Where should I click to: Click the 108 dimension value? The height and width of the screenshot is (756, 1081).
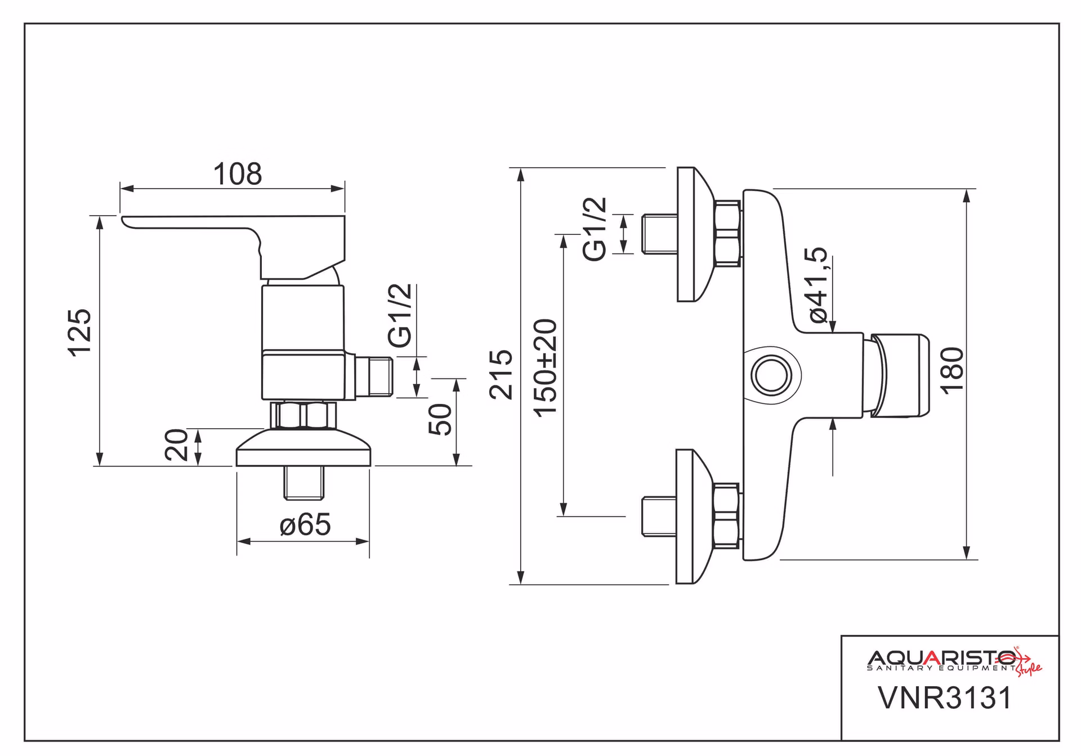coord(237,174)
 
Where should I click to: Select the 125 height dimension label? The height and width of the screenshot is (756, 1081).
coord(79,332)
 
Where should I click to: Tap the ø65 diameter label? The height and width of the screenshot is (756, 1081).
coord(305,524)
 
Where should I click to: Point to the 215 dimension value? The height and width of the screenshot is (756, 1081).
coord(501,375)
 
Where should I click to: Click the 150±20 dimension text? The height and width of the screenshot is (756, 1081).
coord(545,368)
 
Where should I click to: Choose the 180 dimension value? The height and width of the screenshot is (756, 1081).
coord(952,370)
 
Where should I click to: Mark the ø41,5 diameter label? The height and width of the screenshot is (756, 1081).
coord(819,284)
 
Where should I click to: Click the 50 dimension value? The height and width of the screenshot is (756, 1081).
coord(440,419)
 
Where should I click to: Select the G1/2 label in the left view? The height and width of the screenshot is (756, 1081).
coord(400,315)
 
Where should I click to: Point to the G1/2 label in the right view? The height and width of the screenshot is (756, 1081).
coord(595,229)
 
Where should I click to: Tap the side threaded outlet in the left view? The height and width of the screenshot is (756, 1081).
coord(374,376)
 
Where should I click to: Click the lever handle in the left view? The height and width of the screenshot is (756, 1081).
coord(233,246)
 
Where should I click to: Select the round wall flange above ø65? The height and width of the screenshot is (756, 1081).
coord(303,448)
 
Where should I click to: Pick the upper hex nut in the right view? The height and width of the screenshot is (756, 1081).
coord(726,233)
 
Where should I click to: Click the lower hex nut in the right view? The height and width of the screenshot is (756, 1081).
coord(726,515)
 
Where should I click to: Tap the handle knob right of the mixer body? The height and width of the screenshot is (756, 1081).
coord(900,376)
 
